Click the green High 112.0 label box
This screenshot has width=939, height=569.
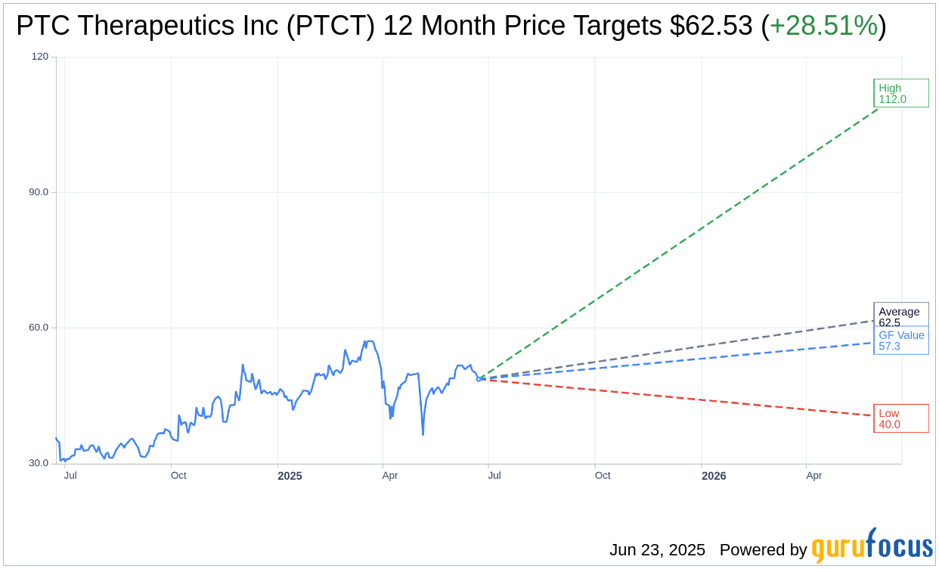coord(900,93)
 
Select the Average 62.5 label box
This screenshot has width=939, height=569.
coord(900,316)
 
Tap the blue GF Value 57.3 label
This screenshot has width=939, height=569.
coord(900,340)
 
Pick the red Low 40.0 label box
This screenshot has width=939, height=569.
coord(900,418)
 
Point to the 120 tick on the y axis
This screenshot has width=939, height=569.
coord(40,57)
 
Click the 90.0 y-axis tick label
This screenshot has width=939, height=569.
coord(39,192)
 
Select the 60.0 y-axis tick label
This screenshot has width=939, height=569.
coord(39,328)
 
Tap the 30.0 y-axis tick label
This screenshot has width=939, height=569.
coord(39,463)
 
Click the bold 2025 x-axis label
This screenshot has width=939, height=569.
coord(290,476)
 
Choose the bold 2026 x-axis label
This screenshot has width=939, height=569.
coord(714,476)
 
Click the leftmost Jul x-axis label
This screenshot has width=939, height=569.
coord(70,476)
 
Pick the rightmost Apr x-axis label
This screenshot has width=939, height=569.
coord(813,476)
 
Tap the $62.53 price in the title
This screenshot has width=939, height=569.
coord(711,26)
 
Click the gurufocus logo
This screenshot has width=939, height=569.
coord(872,546)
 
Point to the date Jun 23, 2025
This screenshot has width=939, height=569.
coord(657,550)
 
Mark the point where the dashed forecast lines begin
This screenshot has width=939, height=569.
coord(479,379)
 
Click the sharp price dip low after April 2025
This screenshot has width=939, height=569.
coord(423,434)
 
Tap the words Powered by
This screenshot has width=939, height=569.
coord(763,550)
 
